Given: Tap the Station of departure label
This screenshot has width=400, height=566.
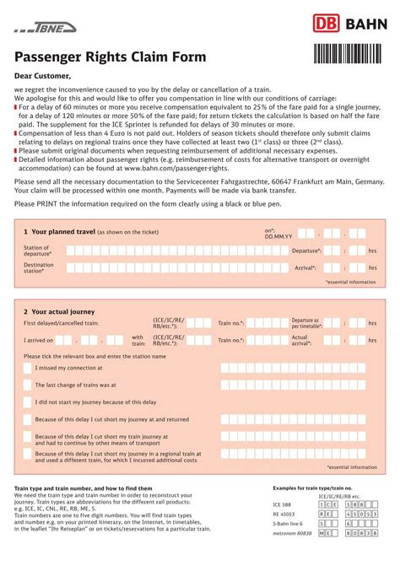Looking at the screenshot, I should (37, 251).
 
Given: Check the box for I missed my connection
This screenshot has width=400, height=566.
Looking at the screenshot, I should (27, 369).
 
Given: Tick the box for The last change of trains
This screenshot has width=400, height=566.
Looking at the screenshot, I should (27, 385).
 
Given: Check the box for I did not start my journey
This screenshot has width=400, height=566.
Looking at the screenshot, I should (27, 402).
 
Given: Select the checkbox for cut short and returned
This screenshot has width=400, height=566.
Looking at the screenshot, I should (27, 419).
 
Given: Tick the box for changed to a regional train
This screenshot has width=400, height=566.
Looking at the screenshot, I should (27, 457).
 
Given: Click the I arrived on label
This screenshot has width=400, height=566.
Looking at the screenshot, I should (38, 341).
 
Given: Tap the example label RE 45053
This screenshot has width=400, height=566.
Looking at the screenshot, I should (283, 513).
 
